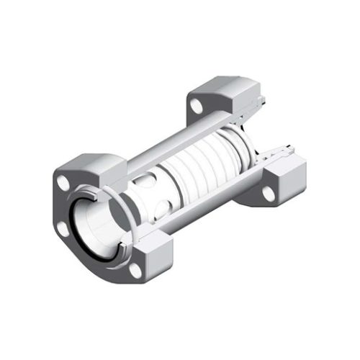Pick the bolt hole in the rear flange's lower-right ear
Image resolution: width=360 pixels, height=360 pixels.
point(269,193)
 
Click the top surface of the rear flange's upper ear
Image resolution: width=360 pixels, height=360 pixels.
point(216,89)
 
